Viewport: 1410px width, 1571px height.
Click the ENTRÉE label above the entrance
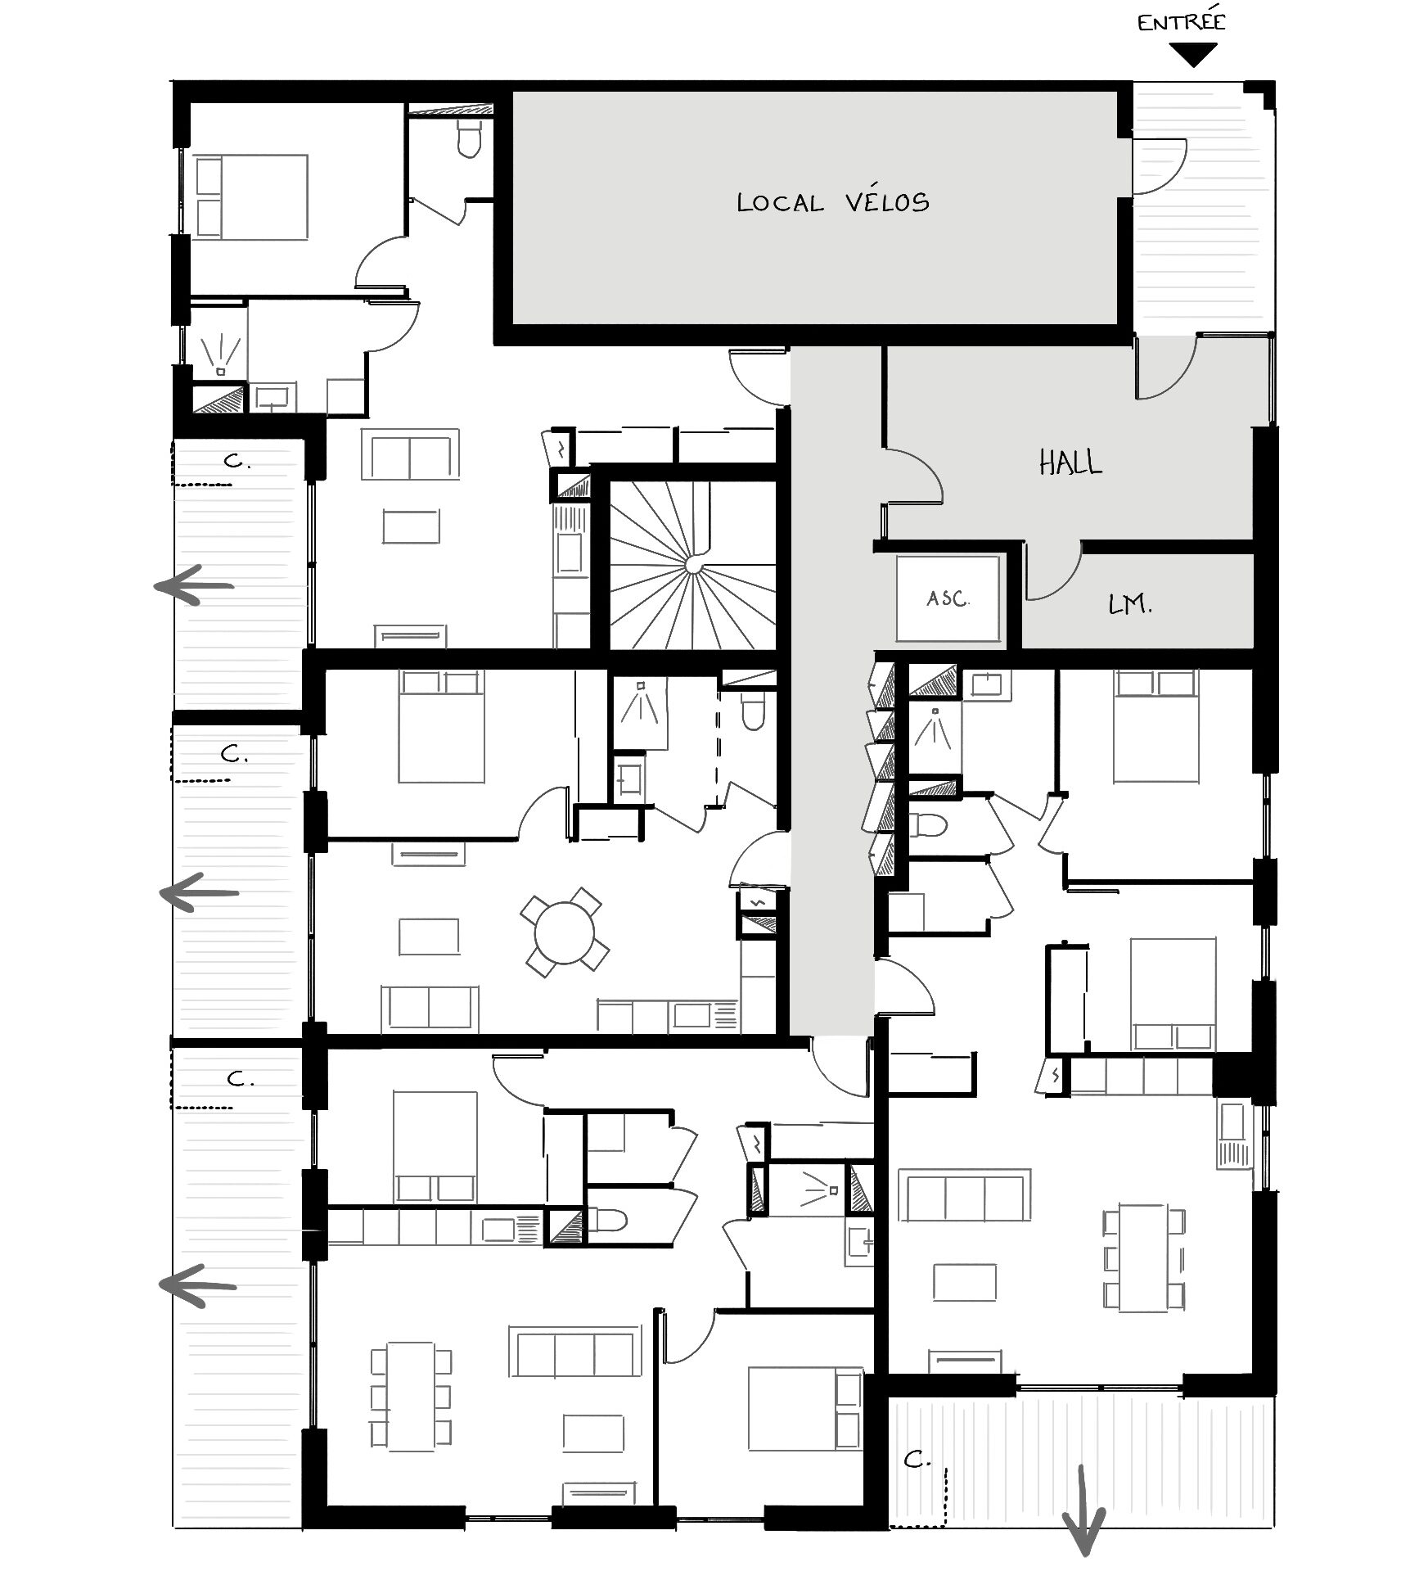click(x=1181, y=22)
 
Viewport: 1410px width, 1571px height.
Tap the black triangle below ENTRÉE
click(x=1193, y=54)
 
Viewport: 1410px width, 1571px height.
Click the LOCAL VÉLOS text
click(x=833, y=202)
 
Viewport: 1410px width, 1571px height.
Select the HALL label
click(x=1070, y=463)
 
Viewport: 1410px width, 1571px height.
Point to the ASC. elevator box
click(x=948, y=598)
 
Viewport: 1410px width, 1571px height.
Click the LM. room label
click(x=1130, y=606)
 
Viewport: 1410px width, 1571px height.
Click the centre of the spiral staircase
click(x=693, y=564)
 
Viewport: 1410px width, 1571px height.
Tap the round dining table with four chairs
click(x=565, y=932)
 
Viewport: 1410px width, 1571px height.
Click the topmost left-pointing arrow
click(x=195, y=585)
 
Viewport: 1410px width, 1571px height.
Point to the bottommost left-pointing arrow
click(x=198, y=1284)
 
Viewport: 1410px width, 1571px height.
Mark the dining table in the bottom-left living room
click(x=411, y=1397)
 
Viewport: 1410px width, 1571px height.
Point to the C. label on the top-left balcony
click(x=237, y=462)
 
